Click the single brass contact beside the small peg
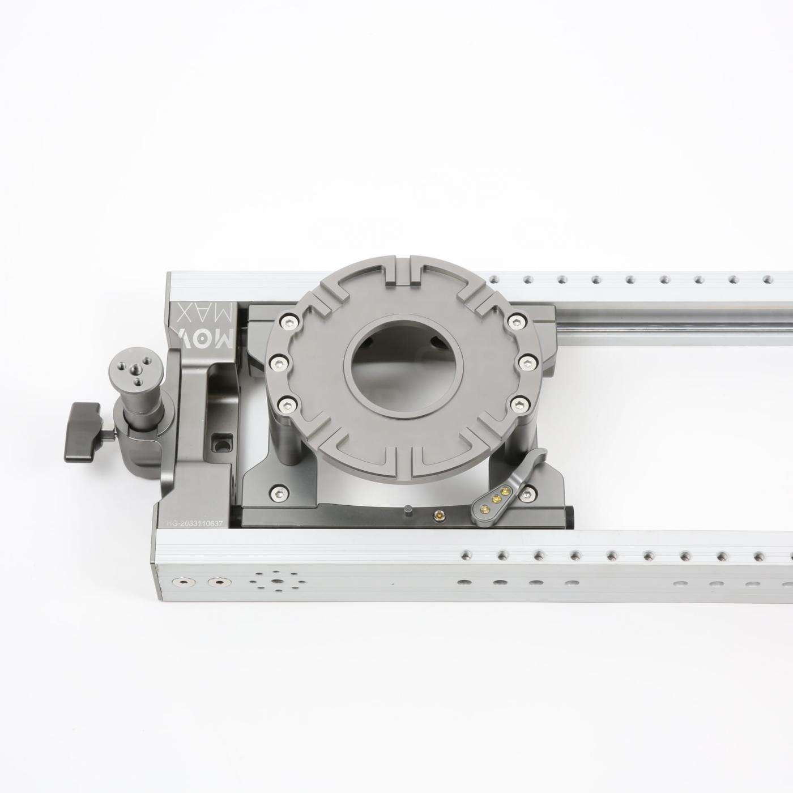(437, 514)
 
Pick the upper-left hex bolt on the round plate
(288, 321)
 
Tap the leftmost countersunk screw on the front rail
(183, 582)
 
